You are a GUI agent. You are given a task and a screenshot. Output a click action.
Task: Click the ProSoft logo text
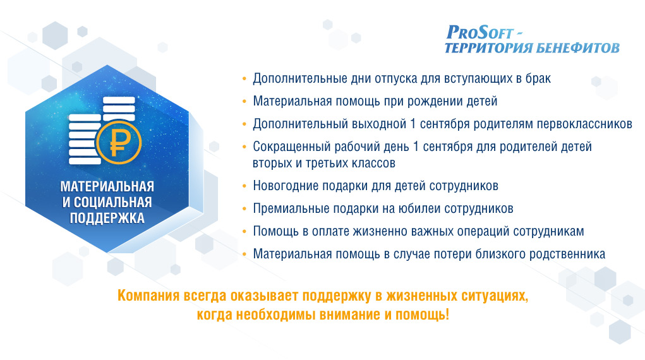click(x=480, y=32)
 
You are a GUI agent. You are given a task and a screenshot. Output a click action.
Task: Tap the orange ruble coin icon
click(x=119, y=143)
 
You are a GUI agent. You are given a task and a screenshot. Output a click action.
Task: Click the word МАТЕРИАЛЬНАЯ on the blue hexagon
click(x=107, y=186)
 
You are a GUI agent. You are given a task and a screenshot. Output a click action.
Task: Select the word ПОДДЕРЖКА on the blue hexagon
click(x=107, y=218)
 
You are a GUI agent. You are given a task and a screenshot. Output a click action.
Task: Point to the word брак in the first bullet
click(x=538, y=78)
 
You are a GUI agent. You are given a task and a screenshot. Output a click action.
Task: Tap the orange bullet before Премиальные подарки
click(x=244, y=209)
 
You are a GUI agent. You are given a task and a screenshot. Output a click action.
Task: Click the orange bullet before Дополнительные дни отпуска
click(x=244, y=78)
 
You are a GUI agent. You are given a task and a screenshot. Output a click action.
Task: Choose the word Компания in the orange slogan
click(x=148, y=296)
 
